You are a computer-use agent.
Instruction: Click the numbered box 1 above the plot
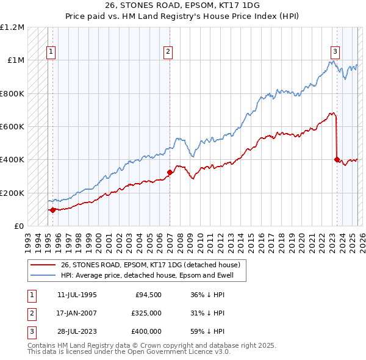[51, 52]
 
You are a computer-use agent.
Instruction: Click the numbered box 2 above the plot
[167, 52]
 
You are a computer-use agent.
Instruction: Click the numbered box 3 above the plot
[335, 52]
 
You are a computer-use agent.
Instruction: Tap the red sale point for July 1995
[52, 210]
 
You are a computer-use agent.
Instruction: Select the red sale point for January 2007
[170, 172]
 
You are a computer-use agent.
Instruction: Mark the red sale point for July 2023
[337, 159]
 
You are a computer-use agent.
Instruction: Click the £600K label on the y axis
[12, 126]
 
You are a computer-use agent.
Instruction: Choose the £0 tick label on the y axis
[18, 226]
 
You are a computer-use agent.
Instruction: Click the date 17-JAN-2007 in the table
[77, 313]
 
